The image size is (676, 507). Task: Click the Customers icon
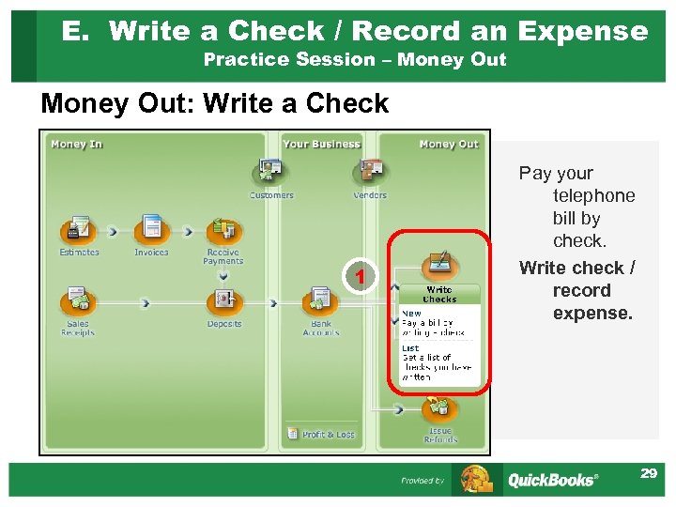pyautogui.click(x=270, y=171)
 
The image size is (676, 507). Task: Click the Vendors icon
pyautogui.click(x=370, y=171)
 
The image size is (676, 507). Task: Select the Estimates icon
pyautogui.click(x=79, y=230)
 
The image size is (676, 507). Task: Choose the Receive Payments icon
pyautogui.click(x=223, y=230)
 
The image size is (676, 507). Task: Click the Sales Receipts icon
pyautogui.click(x=78, y=301)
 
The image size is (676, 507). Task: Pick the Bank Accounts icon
pyautogui.click(x=321, y=301)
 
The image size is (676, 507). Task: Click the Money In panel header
pyautogui.click(x=77, y=145)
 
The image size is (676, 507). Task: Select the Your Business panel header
pyautogui.click(x=321, y=145)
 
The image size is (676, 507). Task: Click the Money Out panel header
pyautogui.click(x=448, y=145)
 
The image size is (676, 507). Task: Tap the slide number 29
pyautogui.click(x=648, y=474)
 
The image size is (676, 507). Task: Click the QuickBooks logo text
pyautogui.click(x=551, y=480)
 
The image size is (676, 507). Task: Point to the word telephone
pyautogui.click(x=593, y=195)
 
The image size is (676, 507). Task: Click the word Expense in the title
pyautogui.click(x=582, y=31)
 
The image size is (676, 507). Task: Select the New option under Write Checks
pyautogui.click(x=411, y=314)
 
